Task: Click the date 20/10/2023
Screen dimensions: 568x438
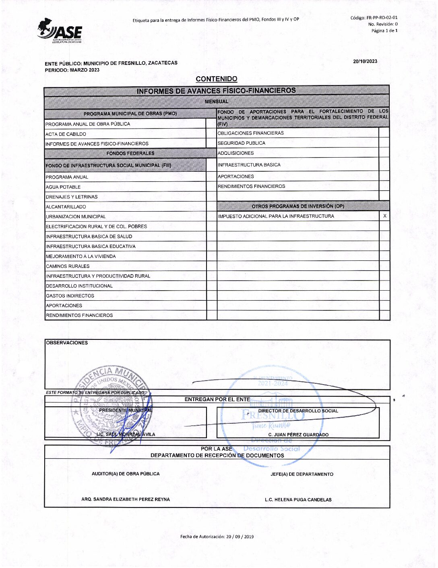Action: click(x=365, y=61)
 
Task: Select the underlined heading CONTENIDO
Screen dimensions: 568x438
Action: click(x=217, y=79)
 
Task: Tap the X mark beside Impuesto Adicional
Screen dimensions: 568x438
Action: click(x=385, y=216)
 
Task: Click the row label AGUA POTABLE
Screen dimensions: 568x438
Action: click(x=63, y=187)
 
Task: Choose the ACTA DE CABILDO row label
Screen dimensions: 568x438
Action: click(x=66, y=134)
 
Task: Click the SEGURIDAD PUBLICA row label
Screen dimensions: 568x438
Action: click(x=242, y=143)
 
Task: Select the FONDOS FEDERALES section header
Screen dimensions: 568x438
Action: click(x=130, y=153)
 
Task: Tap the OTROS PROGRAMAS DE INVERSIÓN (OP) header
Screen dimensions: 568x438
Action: click(x=298, y=206)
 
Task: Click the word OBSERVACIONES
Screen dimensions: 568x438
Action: click(x=67, y=343)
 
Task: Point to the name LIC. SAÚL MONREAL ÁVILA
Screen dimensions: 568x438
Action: click(x=126, y=434)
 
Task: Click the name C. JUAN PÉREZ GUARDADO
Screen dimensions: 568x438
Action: click(x=298, y=435)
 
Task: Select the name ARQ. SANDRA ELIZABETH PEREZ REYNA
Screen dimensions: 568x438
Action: click(x=126, y=499)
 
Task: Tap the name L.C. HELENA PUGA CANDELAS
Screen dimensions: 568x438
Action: click(x=298, y=499)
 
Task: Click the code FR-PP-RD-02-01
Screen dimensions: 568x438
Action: click(x=382, y=18)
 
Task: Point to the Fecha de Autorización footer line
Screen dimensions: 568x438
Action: click(x=217, y=537)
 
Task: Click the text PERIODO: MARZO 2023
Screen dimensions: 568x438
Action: click(x=72, y=70)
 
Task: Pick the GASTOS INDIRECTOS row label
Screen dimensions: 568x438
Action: click(x=70, y=296)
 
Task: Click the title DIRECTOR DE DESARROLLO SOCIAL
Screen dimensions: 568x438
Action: click(x=298, y=411)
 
